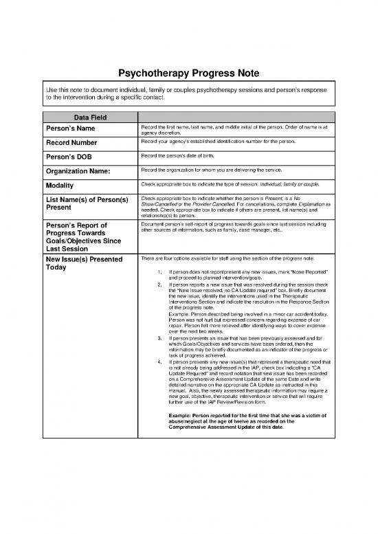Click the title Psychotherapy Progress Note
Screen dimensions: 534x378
(189, 74)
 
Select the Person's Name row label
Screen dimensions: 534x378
(74, 129)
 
